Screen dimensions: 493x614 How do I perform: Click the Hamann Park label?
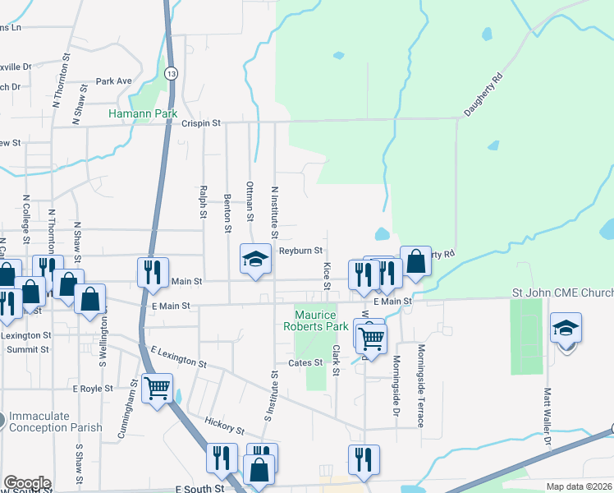pos(137,113)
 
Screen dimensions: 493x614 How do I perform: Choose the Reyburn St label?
pos(300,251)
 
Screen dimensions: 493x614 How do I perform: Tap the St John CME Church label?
pos(562,293)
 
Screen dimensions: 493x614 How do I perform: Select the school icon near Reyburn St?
pos(255,259)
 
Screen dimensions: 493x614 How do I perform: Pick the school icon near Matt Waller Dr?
pos(566,328)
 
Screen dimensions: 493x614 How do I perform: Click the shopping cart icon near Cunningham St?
pos(156,387)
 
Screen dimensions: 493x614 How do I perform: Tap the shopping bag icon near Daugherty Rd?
pos(415,260)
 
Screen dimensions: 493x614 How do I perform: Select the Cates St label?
pos(304,362)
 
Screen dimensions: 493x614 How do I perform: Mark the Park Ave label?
pos(113,81)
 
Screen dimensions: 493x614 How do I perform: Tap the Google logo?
pos(26,483)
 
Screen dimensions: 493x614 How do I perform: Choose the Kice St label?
pos(326,270)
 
